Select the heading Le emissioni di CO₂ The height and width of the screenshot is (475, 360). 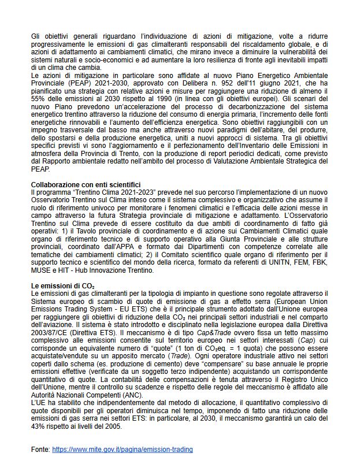[x=63, y=285]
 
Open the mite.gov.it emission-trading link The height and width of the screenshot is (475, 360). [x=123, y=449]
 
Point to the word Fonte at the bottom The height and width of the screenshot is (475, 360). [x=40, y=449]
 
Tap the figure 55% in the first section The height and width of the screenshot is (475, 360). [x=39, y=98]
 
